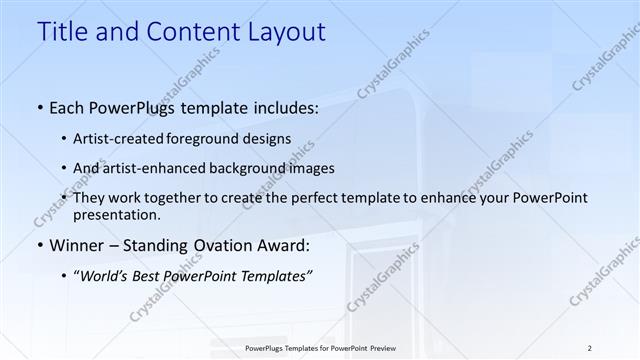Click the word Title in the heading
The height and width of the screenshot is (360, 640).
pyautogui.click(x=62, y=32)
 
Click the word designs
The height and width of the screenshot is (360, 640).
pyautogui.click(x=268, y=139)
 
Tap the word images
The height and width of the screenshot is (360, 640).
pyautogui.click(x=307, y=168)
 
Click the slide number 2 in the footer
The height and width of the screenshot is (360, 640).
pyautogui.click(x=590, y=348)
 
